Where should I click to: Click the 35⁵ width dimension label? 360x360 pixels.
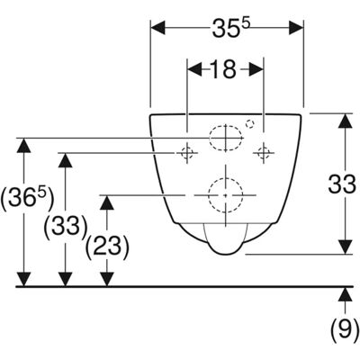(x=230, y=28)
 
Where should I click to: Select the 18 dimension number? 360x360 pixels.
(x=224, y=69)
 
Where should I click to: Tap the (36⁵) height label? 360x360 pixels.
(x=28, y=199)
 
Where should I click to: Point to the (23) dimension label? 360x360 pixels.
(x=107, y=247)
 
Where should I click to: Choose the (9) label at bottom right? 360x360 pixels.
(x=345, y=329)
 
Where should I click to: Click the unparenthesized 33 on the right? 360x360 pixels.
(x=342, y=184)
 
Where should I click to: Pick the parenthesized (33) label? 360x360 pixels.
(x=66, y=226)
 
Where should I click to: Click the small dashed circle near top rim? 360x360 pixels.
(x=250, y=123)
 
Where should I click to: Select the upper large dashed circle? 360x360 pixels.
(x=226, y=138)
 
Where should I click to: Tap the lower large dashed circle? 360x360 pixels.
(x=226, y=195)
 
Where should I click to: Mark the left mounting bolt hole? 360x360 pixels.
(x=187, y=153)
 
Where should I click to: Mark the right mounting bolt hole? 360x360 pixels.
(x=264, y=153)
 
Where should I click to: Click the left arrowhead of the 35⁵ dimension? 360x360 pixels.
(x=157, y=28)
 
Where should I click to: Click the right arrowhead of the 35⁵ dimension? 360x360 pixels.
(x=296, y=28)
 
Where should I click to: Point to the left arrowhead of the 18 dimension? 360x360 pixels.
(x=194, y=69)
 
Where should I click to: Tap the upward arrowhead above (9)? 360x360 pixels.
(x=346, y=294)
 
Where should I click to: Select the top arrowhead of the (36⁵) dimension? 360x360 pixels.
(x=23, y=146)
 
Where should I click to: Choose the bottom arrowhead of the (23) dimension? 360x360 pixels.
(x=107, y=279)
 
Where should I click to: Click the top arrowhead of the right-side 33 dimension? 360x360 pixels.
(x=346, y=121)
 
